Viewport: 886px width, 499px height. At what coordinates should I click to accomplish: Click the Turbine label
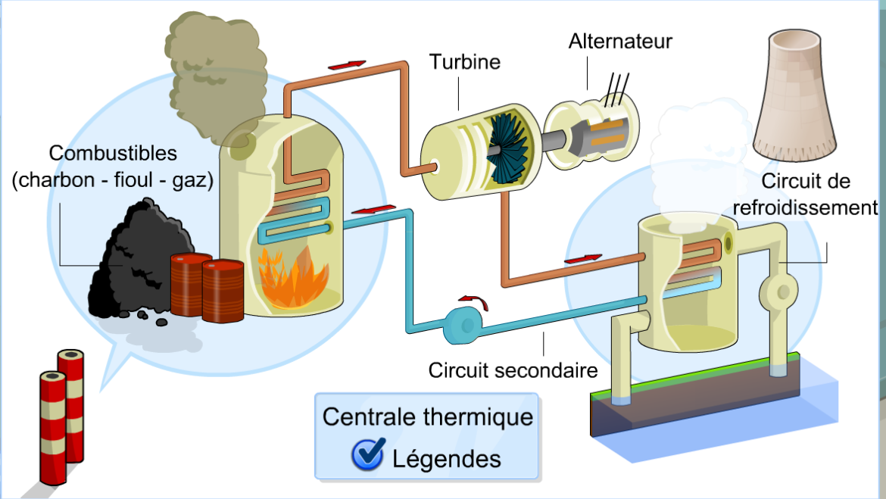tap(466, 61)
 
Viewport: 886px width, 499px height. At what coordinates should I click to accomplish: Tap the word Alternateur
tap(620, 41)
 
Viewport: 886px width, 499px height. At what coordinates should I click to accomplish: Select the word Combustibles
tap(113, 154)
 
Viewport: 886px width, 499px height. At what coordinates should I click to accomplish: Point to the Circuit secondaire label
tap(513, 371)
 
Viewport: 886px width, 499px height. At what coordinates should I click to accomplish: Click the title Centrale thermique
tap(427, 417)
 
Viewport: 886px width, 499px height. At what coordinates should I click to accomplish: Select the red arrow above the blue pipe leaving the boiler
tap(374, 209)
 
